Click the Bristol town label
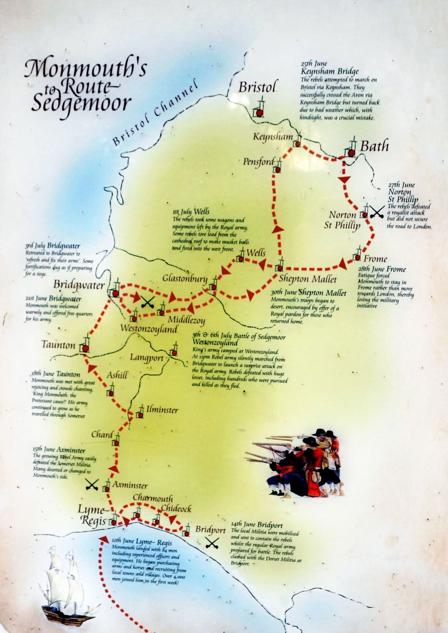pyautogui.click(x=256, y=87)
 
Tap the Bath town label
pyautogui.click(x=374, y=146)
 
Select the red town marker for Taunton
pyautogui.click(x=86, y=349)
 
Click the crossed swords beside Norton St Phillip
pyautogui.click(x=377, y=212)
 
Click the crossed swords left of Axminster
pyautogui.click(x=92, y=485)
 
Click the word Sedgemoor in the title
pyautogui.click(x=81, y=103)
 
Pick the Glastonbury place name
pyautogui.click(x=185, y=278)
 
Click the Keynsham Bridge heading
pyautogui.click(x=330, y=71)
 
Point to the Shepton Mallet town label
pyautogui.click(x=307, y=279)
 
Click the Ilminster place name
pyautogui.click(x=162, y=410)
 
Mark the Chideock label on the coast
pyautogui.click(x=176, y=508)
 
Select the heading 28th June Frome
pyautogui.click(x=382, y=269)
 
